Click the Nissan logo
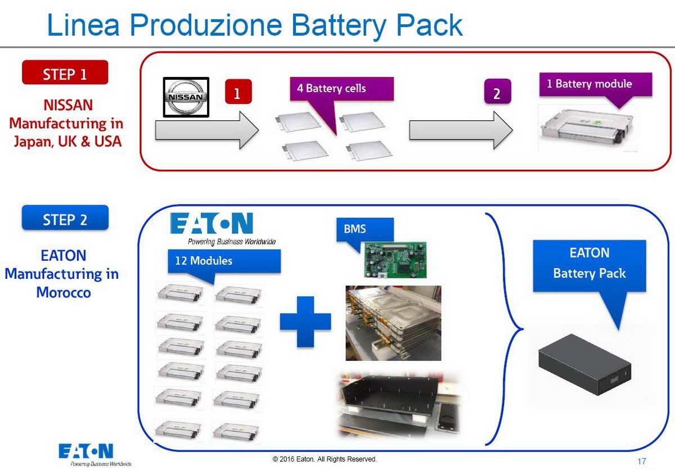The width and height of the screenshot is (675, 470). click(186, 97)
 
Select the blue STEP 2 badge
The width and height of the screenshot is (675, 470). click(65, 218)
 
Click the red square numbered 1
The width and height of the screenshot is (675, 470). click(237, 93)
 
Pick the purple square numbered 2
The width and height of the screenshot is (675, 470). click(497, 93)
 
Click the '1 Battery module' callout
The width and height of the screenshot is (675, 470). click(595, 84)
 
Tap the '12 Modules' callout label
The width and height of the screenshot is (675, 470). click(223, 261)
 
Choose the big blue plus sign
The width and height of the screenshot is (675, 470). click(305, 321)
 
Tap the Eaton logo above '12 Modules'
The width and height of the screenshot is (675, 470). click(212, 224)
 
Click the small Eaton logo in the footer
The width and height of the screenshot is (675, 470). click(86, 452)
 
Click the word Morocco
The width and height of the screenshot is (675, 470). click(63, 292)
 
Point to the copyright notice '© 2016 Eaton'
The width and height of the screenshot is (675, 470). click(325, 459)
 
